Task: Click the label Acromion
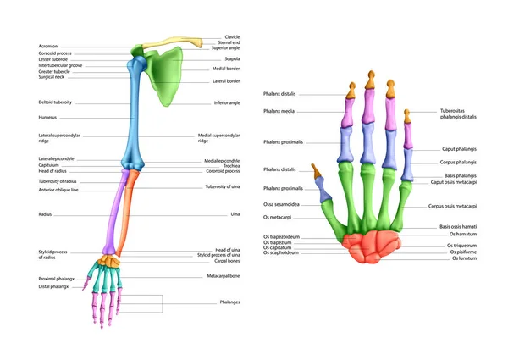pyautogui.click(x=48, y=46)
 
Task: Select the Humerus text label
pyautogui.click(x=47, y=117)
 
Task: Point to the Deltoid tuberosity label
pyautogui.click(x=56, y=102)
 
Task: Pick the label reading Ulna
pyautogui.click(x=235, y=214)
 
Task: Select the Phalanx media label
pyautogui.click(x=279, y=110)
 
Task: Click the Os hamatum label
pyautogui.click(x=465, y=234)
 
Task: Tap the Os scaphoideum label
pyautogui.click(x=281, y=252)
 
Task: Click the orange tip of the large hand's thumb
pyautogui.click(x=316, y=172)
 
